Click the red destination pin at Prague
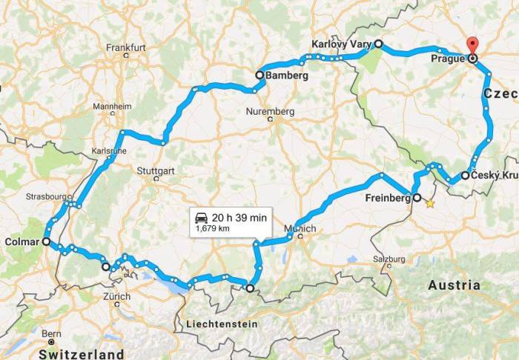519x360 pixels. point(472,44)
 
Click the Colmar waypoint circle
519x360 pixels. point(46,241)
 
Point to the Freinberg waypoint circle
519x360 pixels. point(416,198)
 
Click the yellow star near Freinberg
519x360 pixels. point(430,203)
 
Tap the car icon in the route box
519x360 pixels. point(201,217)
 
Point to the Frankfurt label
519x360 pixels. point(127,47)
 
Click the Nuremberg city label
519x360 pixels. point(270,112)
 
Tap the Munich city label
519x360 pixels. point(305,229)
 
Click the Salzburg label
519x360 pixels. point(391,259)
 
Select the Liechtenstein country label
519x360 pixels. point(222,324)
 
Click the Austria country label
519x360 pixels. point(454,284)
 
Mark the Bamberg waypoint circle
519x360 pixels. point(259,75)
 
